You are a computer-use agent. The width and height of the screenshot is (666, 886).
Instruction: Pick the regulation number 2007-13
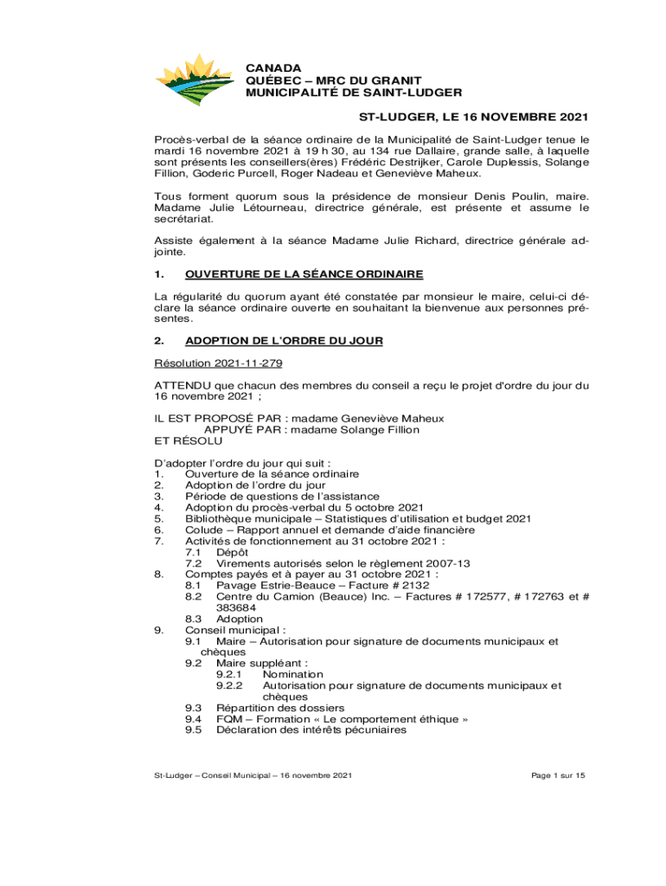(445, 563)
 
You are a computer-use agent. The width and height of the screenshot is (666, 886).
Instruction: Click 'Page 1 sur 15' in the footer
(559, 775)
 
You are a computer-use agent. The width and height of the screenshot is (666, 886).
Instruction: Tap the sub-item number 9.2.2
(231, 686)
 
